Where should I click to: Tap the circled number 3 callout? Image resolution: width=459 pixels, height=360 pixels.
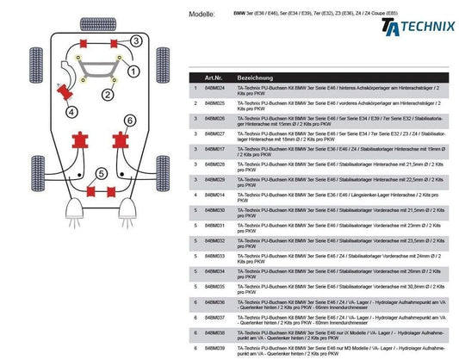(x=136, y=40)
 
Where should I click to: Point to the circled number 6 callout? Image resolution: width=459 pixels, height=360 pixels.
(x=130, y=120)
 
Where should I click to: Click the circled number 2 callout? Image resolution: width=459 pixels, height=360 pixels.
(x=108, y=92)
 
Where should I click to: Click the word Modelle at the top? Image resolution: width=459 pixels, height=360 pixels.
(x=200, y=16)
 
